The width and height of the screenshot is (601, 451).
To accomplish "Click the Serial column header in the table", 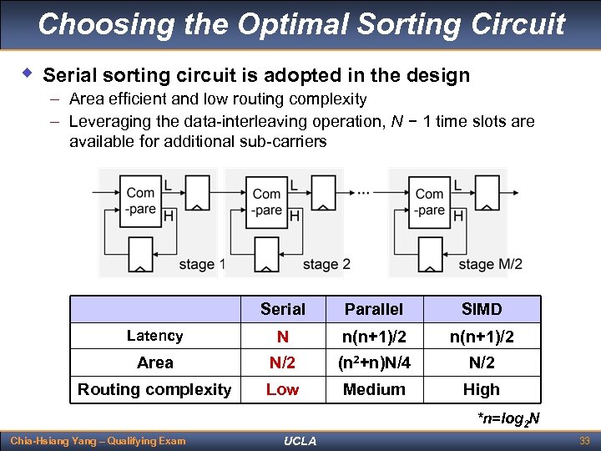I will click(283, 309).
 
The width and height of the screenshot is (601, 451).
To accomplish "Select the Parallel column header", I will click(373, 309).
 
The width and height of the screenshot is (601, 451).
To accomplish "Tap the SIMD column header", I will click(482, 309).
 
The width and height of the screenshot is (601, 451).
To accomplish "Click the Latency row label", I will click(154, 336).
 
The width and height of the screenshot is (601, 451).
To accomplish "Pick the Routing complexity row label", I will click(154, 389).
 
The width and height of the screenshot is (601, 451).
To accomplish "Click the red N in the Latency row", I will click(283, 336).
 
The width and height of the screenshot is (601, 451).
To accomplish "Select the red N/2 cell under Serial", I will click(283, 362).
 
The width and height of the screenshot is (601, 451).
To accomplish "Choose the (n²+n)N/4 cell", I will click(373, 362).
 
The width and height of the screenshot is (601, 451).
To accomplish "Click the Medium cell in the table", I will click(373, 389).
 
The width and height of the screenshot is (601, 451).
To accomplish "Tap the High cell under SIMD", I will click(482, 389).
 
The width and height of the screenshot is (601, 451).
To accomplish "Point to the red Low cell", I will click(283, 389).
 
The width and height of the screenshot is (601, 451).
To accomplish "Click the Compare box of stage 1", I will click(140, 201).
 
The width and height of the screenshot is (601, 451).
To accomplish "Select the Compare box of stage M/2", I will click(429, 201).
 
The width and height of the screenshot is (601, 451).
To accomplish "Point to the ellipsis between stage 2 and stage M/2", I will click(363, 192).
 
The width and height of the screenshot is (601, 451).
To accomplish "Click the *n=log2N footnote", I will click(508, 418).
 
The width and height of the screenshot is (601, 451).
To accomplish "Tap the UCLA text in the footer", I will click(300, 441).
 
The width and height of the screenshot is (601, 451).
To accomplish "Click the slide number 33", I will click(584, 440).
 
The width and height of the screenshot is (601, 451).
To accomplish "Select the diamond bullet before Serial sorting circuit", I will click(28, 74).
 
